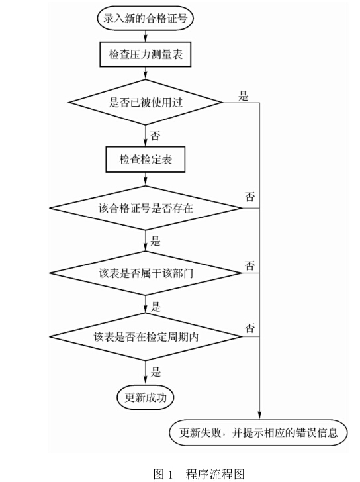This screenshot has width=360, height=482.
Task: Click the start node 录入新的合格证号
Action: (146, 18)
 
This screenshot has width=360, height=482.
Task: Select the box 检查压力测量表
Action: (146, 54)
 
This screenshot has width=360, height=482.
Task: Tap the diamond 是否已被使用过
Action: (146, 103)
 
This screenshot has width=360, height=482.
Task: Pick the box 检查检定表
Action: (146, 159)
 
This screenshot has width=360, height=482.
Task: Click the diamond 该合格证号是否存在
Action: (146, 208)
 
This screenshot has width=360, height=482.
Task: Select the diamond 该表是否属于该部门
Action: (146, 273)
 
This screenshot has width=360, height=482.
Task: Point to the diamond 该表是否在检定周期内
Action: (146, 336)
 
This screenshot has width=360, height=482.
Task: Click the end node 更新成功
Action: (146, 397)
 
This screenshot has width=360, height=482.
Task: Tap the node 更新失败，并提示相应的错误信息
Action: (258, 432)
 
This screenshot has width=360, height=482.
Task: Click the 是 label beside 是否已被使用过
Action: (244, 96)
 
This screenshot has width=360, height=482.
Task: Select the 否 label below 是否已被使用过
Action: (156, 136)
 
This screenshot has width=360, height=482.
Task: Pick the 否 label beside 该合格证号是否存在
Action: (249, 197)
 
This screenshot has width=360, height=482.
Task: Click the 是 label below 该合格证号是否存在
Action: (156, 241)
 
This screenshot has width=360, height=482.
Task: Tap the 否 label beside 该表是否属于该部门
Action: (249, 265)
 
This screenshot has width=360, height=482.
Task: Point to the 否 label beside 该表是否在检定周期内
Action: (249, 328)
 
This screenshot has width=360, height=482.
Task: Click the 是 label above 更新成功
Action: (156, 372)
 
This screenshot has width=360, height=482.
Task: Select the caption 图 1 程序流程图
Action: (199, 473)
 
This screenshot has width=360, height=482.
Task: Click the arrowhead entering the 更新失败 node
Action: (259, 415)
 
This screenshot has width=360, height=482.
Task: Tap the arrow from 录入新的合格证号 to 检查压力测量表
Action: (146, 36)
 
